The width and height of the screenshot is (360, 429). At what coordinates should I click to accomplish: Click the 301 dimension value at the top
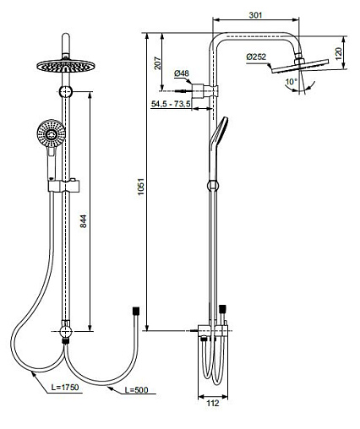point(255,15)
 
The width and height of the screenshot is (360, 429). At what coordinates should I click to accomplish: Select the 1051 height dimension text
point(140,187)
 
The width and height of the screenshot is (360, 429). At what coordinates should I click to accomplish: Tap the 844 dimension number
point(84,221)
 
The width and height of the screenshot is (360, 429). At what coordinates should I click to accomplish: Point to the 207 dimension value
point(158,63)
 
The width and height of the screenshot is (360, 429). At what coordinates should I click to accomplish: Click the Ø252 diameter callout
point(256,57)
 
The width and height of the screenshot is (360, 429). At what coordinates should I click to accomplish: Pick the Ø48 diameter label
point(182,73)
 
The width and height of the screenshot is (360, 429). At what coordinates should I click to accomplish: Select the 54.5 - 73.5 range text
point(171,104)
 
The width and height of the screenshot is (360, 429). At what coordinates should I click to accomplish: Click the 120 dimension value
point(338,53)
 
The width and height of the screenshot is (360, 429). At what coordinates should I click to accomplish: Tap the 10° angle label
point(292,82)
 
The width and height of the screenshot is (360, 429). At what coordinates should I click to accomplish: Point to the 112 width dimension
point(213,403)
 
